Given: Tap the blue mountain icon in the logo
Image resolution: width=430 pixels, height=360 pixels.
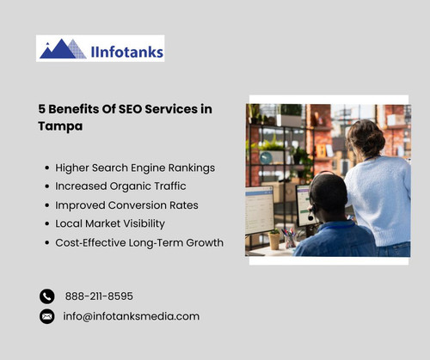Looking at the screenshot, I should pyautogui.click(x=63, y=48).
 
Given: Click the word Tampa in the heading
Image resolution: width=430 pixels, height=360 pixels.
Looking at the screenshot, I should pyautogui.click(x=59, y=125).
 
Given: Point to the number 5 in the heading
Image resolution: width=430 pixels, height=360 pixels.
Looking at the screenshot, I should pyautogui.click(x=41, y=109).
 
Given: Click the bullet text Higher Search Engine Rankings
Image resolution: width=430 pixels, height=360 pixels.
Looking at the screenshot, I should pyautogui.click(x=135, y=168).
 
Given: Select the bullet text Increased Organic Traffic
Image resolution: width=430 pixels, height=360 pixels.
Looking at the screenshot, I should pyautogui.click(x=120, y=186).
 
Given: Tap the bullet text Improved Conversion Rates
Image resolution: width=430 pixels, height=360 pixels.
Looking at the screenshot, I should pyautogui.click(x=126, y=205).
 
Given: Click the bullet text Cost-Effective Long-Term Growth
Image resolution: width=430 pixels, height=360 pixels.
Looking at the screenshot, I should pyautogui.click(x=139, y=242).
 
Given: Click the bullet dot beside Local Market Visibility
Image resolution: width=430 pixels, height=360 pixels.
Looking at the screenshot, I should pyautogui.click(x=46, y=224).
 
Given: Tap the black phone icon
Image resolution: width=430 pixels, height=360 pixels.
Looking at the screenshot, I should pyautogui.click(x=47, y=296).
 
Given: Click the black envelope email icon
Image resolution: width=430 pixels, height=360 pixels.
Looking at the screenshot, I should pyautogui.click(x=47, y=316).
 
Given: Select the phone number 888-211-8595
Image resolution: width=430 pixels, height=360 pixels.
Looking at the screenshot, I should pyautogui.click(x=99, y=296).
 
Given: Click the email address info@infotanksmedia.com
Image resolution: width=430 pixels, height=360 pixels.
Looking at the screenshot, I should pyautogui.click(x=132, y=316).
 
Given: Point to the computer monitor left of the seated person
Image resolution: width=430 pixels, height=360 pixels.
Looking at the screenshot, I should pyautogui.click(x=259, y=210).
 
